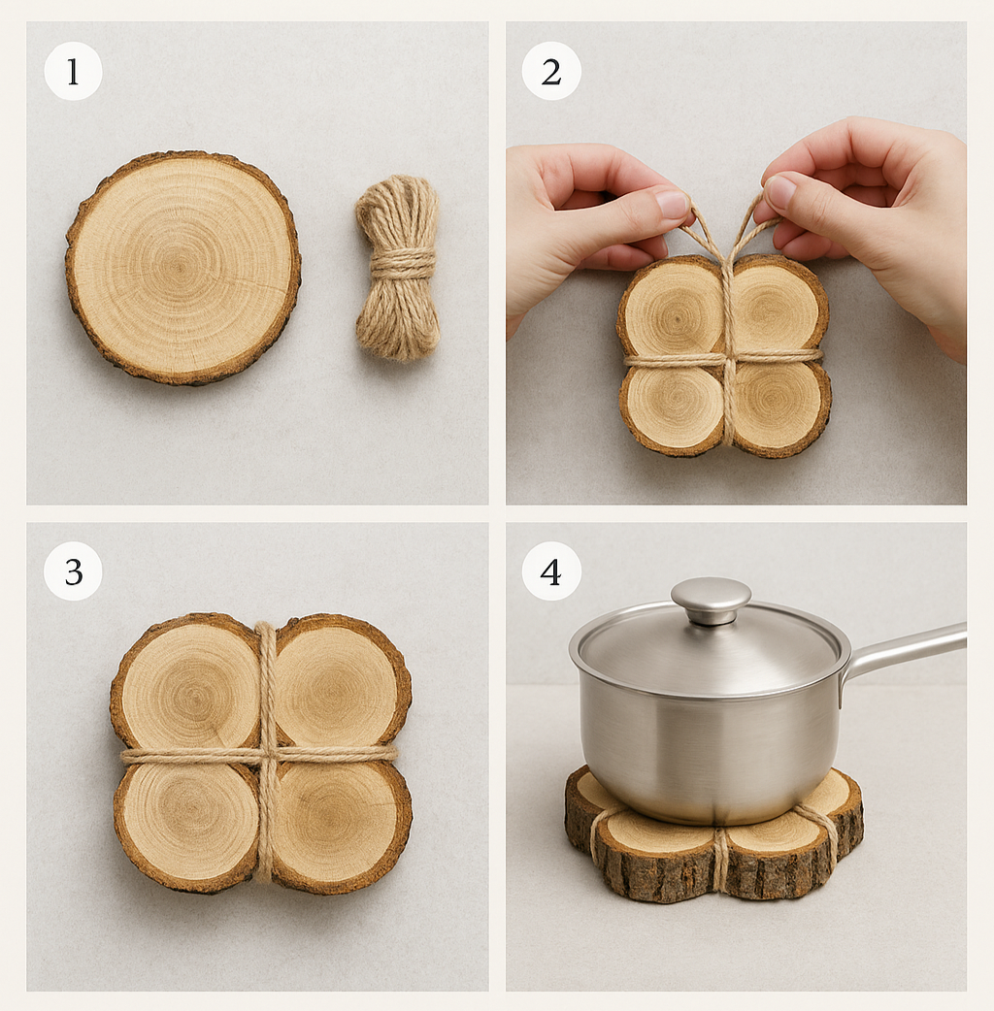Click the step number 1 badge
click(x=73, y=71)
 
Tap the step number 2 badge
click(x=551, y=71)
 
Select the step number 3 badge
click(x=73, y=571)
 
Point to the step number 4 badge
click(x=551, y=571)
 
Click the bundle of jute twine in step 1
click(x=398, y=268)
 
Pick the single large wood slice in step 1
click(x=183, y=268)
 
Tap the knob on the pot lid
click(x=711, y=600)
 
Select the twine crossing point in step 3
click(x=266, y=755)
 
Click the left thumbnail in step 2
click(x=672, y=204)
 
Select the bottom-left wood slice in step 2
click(x=672, y=408)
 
